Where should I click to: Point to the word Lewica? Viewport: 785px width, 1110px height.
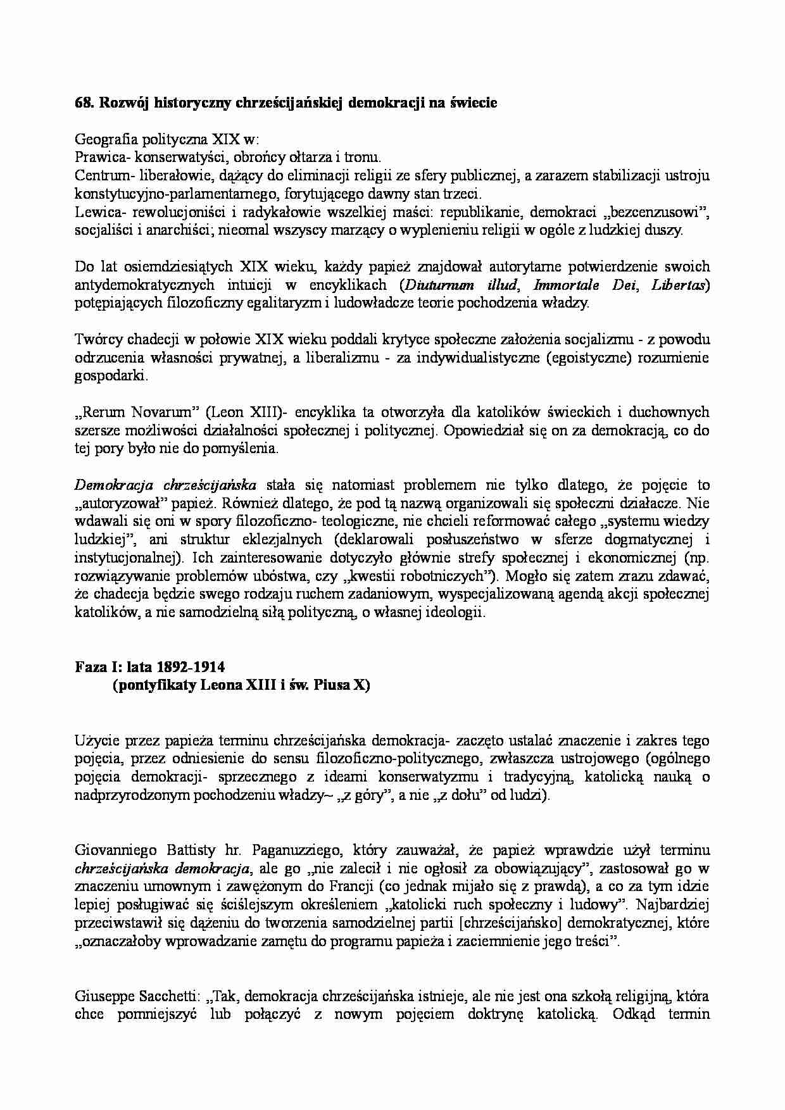[94, 212]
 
